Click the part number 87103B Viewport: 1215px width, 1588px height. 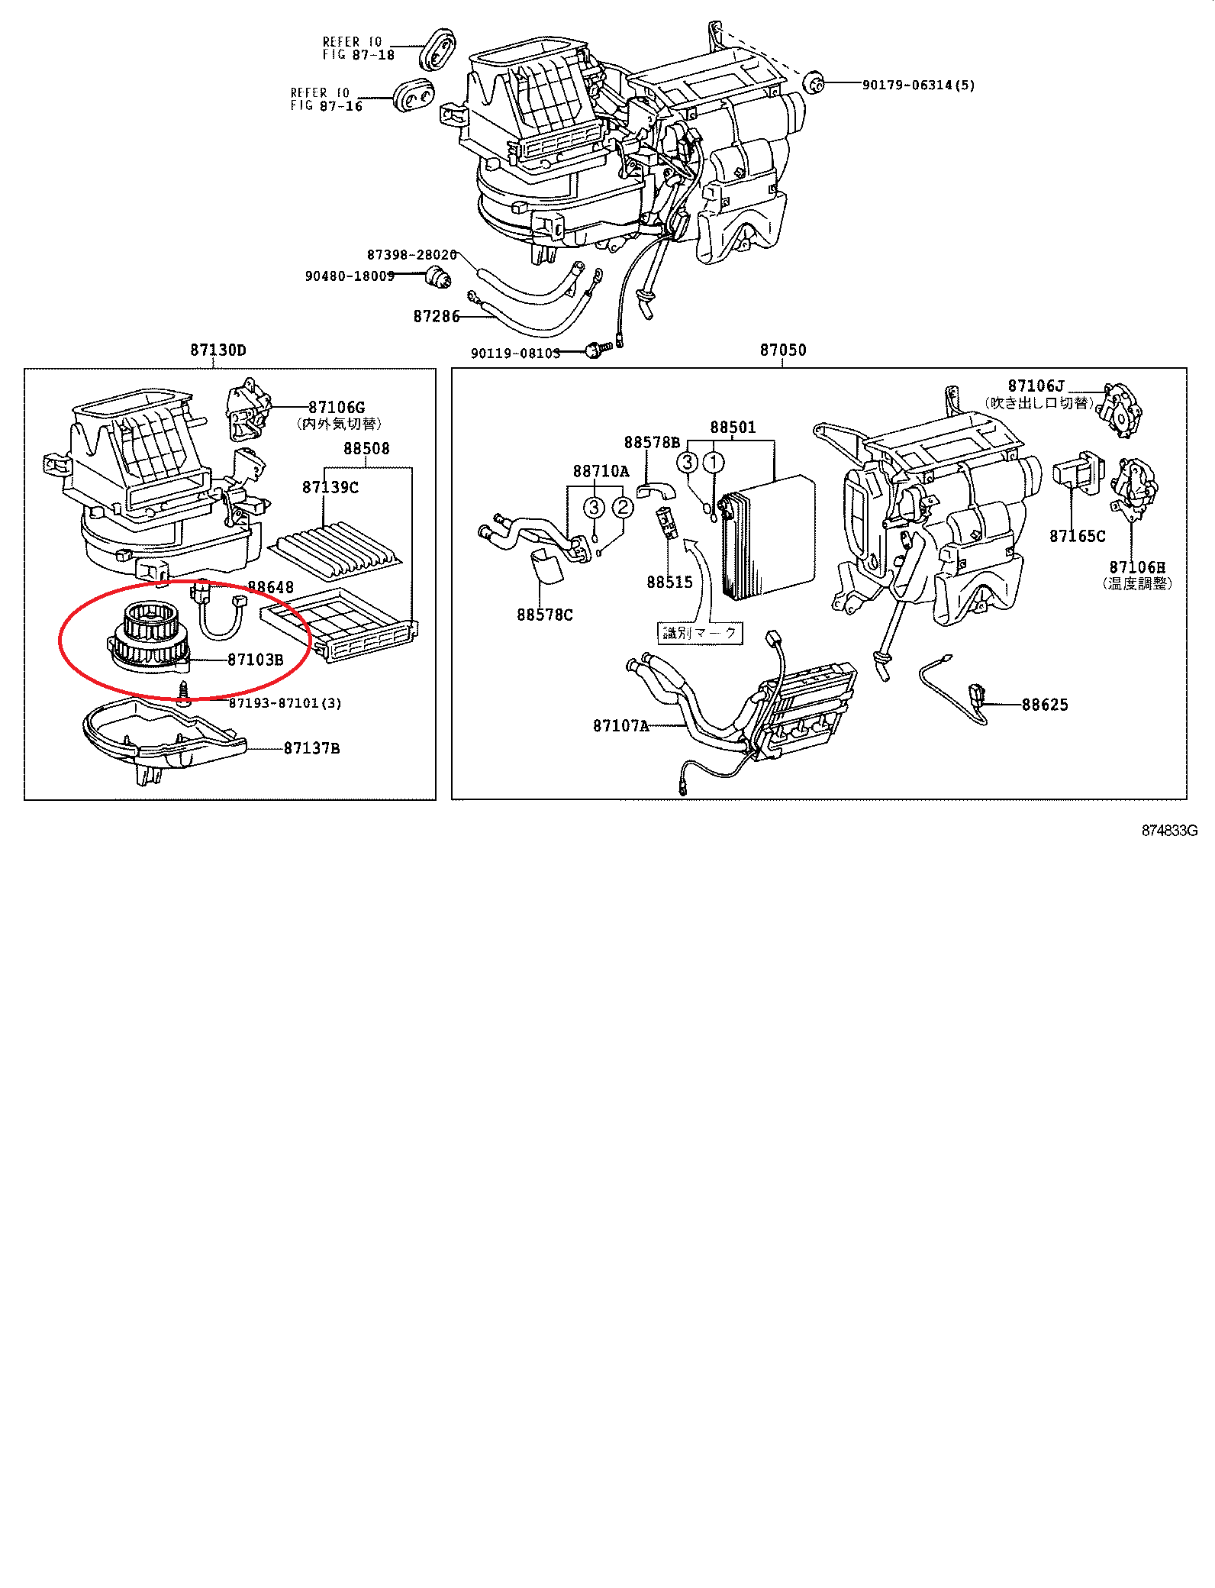255,660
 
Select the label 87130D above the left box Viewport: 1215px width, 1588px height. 218,350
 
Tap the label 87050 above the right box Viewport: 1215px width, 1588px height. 782,350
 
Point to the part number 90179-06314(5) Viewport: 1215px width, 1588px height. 918,85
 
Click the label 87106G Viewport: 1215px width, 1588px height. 337,408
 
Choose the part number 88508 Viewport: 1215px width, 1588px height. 366,449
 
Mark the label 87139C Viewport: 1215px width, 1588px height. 330,487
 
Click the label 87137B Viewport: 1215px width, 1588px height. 311,748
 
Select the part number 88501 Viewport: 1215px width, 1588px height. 733,428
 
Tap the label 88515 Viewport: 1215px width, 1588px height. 669,582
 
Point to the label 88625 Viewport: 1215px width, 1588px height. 1045,705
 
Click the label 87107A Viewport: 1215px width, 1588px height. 620,725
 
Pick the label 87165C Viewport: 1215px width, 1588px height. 1077,536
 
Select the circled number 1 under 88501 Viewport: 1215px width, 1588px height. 713,462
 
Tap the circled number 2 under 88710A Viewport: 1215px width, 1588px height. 624,507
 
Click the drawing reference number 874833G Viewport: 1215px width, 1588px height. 1169,831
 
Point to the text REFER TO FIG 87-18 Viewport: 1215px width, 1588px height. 358,48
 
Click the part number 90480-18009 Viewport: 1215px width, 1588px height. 350,276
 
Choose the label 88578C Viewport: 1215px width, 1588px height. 544,615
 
